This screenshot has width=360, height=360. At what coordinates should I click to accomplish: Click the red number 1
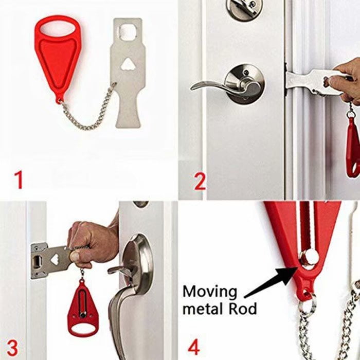click(x=19, y=179)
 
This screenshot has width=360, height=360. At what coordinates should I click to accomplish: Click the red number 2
click(x=200, y=182)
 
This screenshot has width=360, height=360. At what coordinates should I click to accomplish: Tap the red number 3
click(x=12, y=347)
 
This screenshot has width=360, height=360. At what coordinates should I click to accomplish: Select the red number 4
click(x=194, y=347)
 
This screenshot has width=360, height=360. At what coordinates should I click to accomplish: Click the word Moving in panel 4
click(x=210, y=293)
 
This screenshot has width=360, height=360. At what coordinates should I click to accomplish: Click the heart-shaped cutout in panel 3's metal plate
click(x=54, y=260)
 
